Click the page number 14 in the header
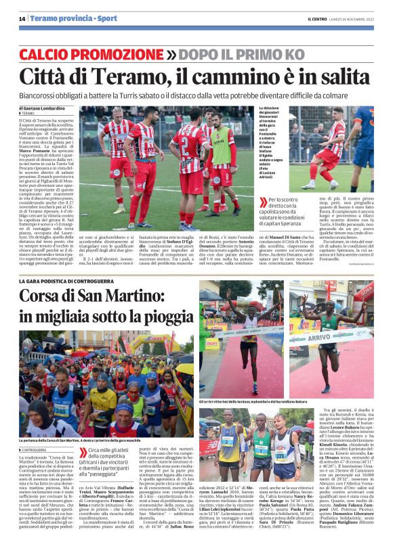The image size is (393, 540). (x=22, y=19)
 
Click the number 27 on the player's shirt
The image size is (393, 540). (x=184, y=144)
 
